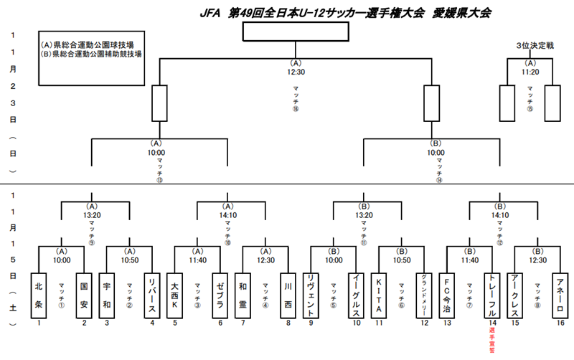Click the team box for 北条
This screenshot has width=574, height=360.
point(39,294)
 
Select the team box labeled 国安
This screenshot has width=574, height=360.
point(84,294)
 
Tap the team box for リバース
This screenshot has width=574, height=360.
point(151,294)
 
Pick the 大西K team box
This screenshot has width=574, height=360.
point(174,294)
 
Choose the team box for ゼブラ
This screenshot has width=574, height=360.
point(220,294)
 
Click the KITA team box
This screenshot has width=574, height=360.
point(378,294)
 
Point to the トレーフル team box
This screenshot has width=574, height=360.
point(491,294)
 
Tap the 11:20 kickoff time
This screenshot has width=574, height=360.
point(530,72)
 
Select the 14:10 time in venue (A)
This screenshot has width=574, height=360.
point(227,214)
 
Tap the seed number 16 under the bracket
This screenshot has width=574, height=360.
point(560,323)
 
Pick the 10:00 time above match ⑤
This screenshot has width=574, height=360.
point(334,260)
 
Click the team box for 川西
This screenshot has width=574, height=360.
point(288,294)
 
